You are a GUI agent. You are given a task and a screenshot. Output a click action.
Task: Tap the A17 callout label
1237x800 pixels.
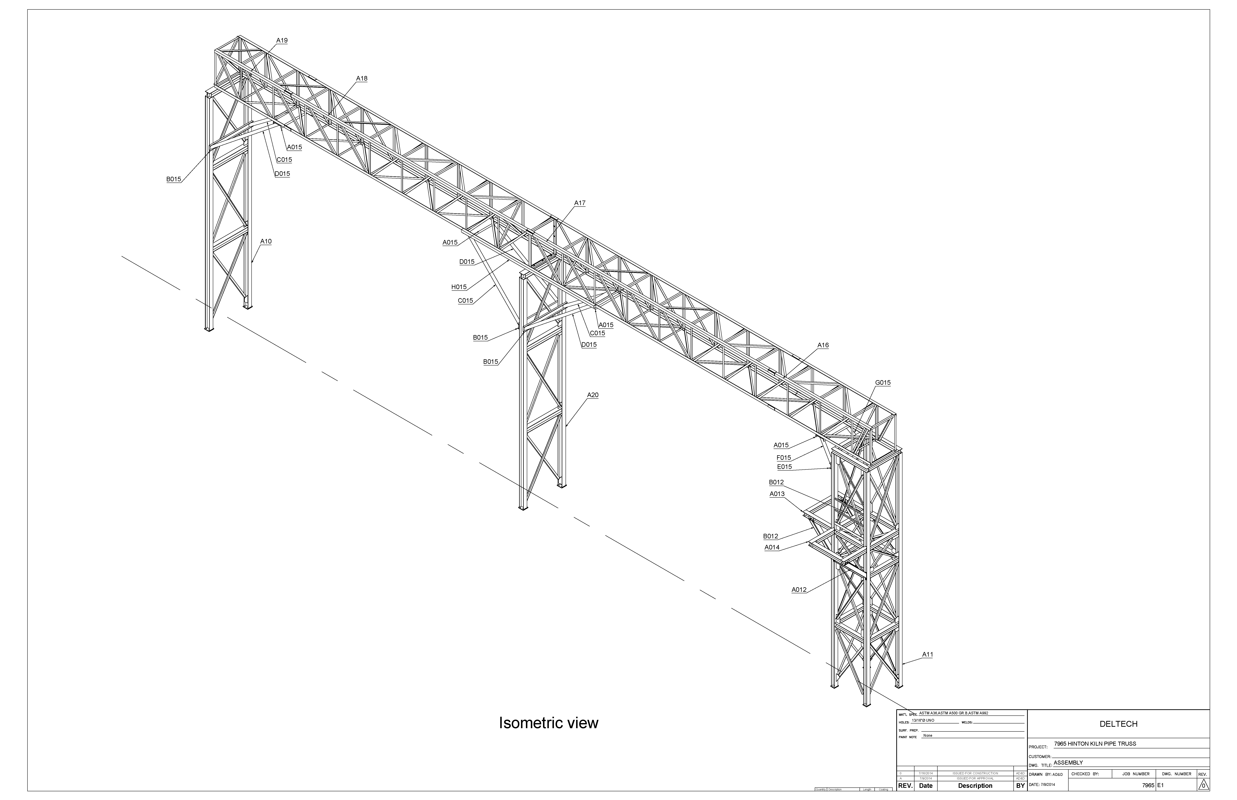(580, 203)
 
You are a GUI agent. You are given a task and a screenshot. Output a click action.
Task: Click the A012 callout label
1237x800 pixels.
(799, 590)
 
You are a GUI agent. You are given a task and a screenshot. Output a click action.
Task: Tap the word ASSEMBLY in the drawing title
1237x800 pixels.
(1068, 763)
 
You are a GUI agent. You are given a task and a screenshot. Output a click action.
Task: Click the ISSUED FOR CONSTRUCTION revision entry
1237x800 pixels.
(975, 773)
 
